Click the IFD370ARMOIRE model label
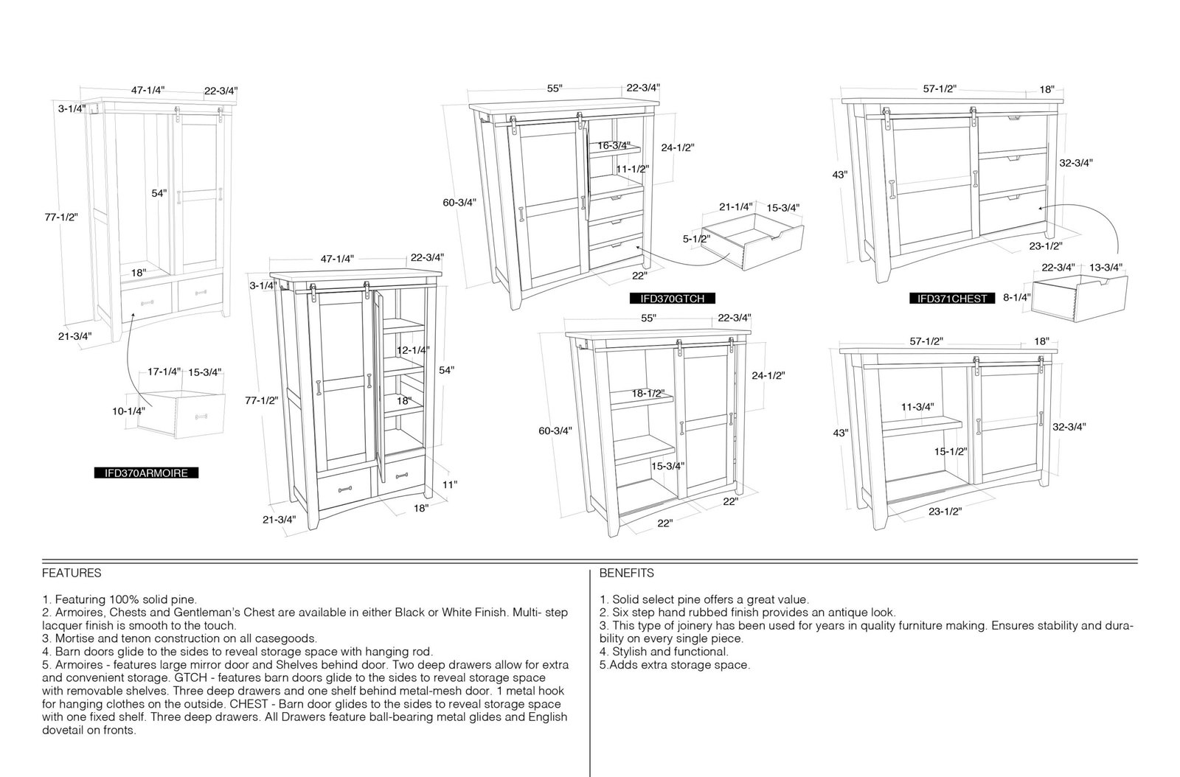tap(146, 473)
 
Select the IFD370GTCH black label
tap(672, 299)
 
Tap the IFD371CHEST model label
tap(952, 299)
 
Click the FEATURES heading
tap(72, 573)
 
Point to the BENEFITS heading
tap(626, 573)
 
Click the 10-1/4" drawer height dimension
tap(128, 411)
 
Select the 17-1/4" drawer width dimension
tap(164, 372)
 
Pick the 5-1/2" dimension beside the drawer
tap(696, 239)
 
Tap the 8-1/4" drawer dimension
tap(1017, 297)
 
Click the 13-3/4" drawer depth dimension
tap(1106, 268)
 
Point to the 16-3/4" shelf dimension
tap(614, 145)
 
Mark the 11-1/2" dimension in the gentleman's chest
tap(633, 169)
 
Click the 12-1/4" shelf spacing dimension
tap(413, 350)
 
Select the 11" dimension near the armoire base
tap(450, 484)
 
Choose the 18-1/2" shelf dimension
tap(648, 393)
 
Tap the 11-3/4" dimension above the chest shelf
tap(917, 407)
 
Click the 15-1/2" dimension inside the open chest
tap(951, 452)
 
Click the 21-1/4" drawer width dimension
tap(736, 207)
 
